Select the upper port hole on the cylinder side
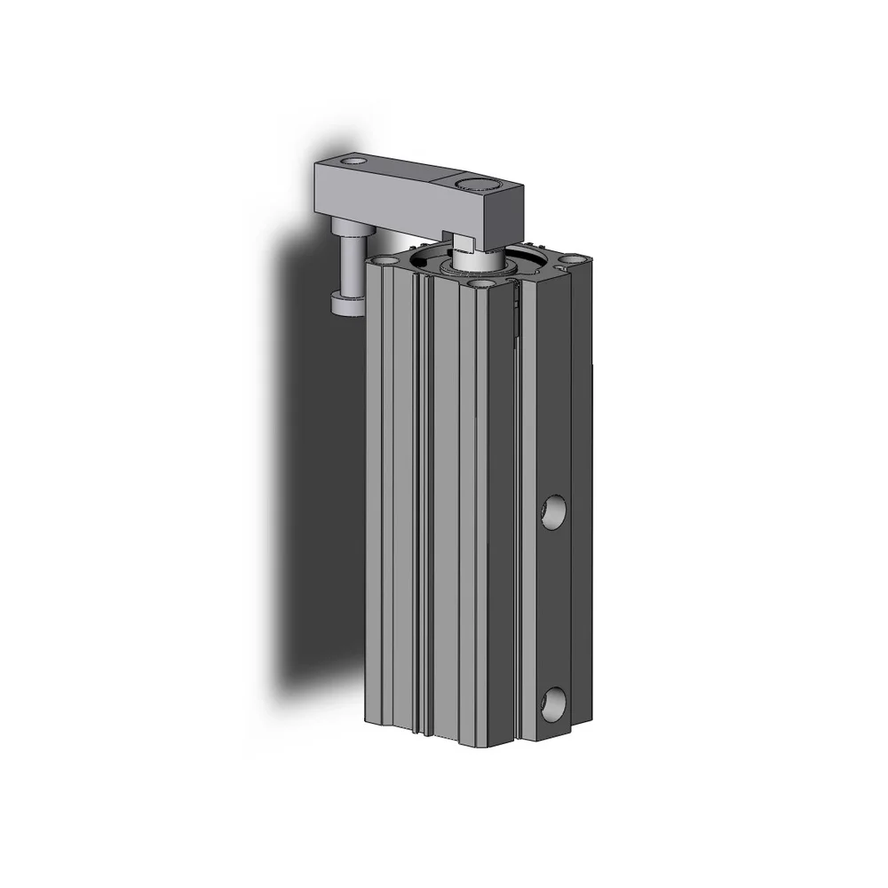point(553,512)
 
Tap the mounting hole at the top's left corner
point(385,261)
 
